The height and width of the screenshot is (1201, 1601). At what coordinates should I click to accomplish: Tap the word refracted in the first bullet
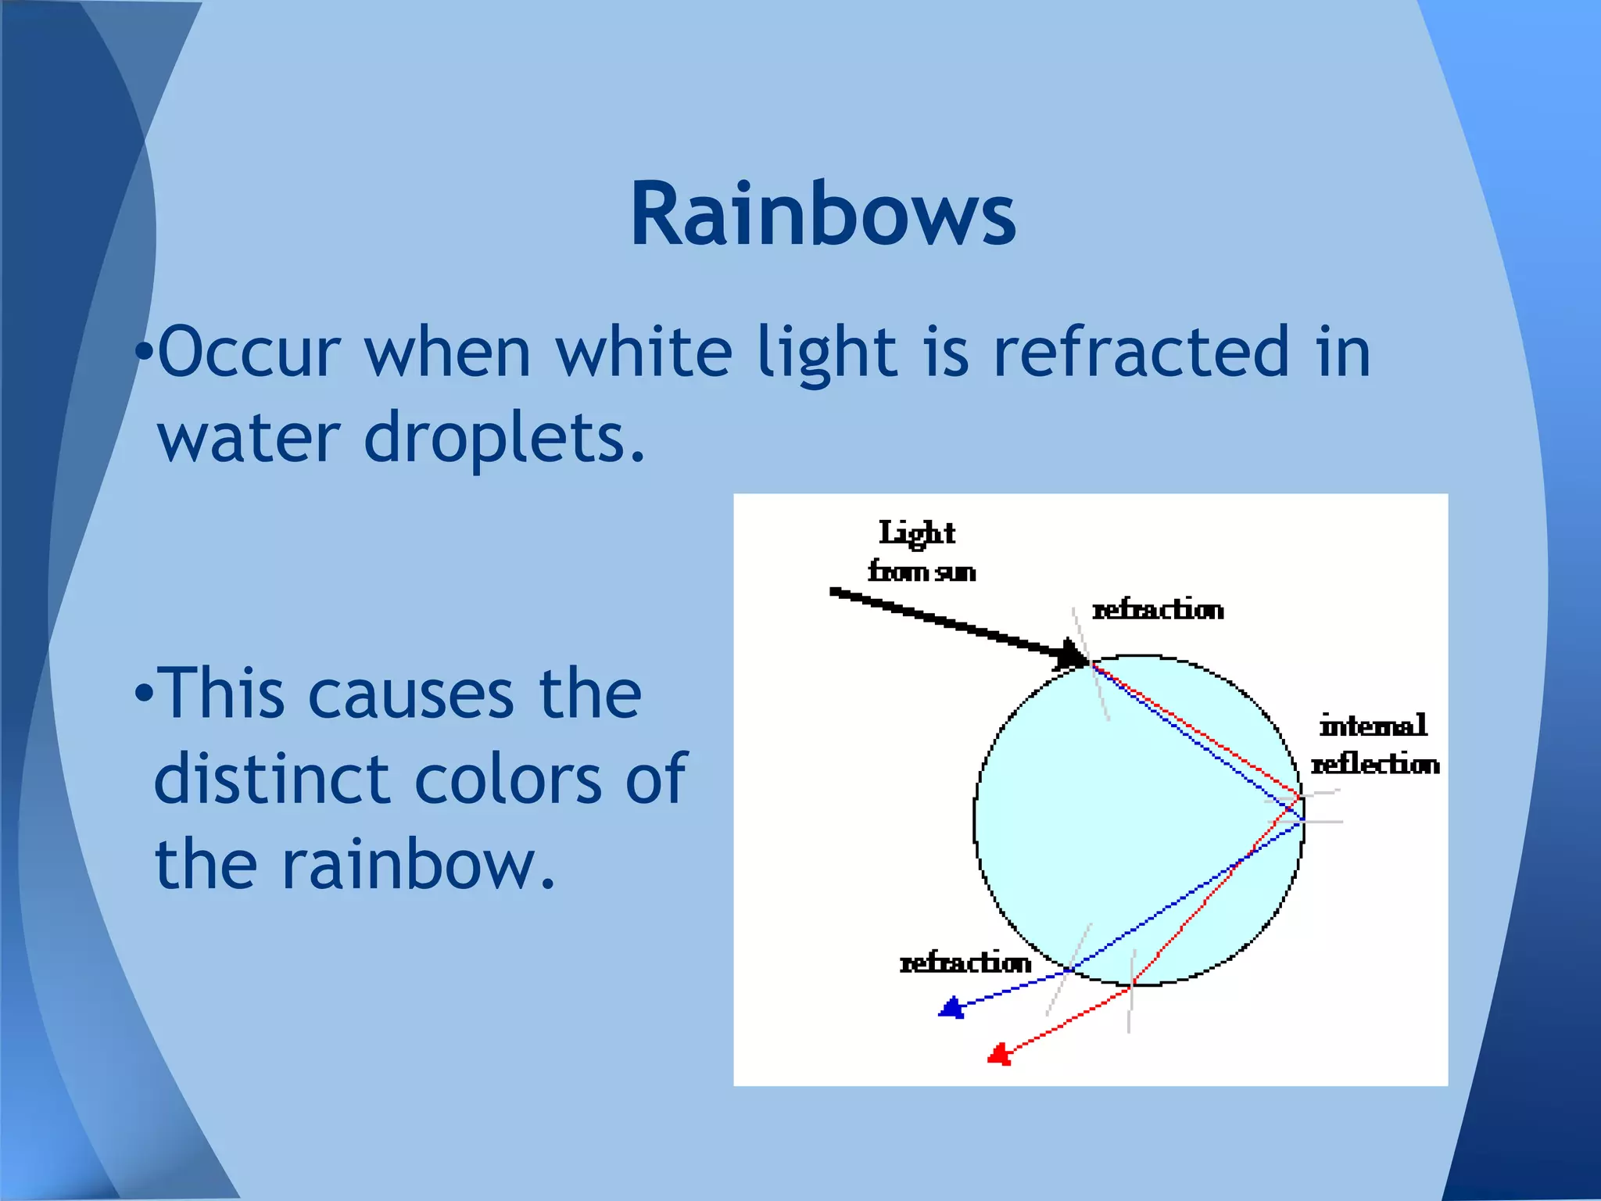pyautogui.click(x=1141, y=351)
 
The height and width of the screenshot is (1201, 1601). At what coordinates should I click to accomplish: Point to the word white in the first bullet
pyautogui.click(x=644, y=351)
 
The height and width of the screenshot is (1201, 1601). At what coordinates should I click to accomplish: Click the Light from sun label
pyautogui.click(x=920, y=552)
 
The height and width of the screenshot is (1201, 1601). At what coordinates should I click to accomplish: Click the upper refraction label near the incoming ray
pyautogui.click(x=1158, y=610)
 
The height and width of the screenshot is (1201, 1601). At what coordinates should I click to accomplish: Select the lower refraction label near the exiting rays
pyautogui.click(x=965, y=963)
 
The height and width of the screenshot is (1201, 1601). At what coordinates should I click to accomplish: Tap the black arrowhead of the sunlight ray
pyautogui.click(x=1071, y=655)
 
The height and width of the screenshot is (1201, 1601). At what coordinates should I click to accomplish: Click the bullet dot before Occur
pyautogui.click(x=143, y=352)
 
